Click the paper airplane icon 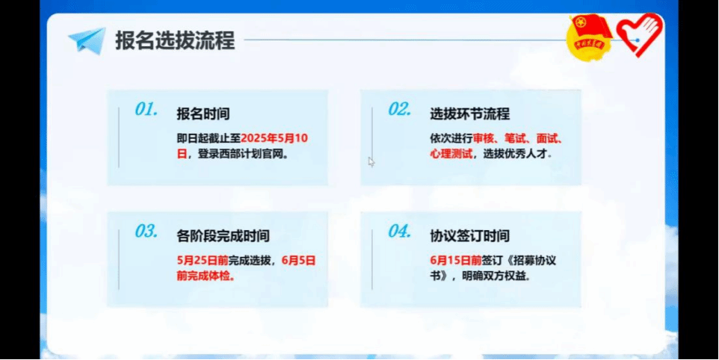coord(87,41)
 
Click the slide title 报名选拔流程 coord(175,40)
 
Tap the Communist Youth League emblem coord(589,36)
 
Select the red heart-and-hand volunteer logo coord(640,34)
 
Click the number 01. coord(146,110)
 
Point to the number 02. coord(400,110)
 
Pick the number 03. coord(146,232)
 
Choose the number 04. coord(400,232)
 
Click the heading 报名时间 coord(203,114)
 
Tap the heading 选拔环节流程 coord(470,114)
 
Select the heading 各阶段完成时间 coord(223,236)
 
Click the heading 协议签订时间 coord(470,236)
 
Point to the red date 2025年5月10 coord(274,138)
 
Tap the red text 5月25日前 coord(203,261)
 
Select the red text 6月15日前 coord(456,261)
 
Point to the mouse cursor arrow coord(371,161)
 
